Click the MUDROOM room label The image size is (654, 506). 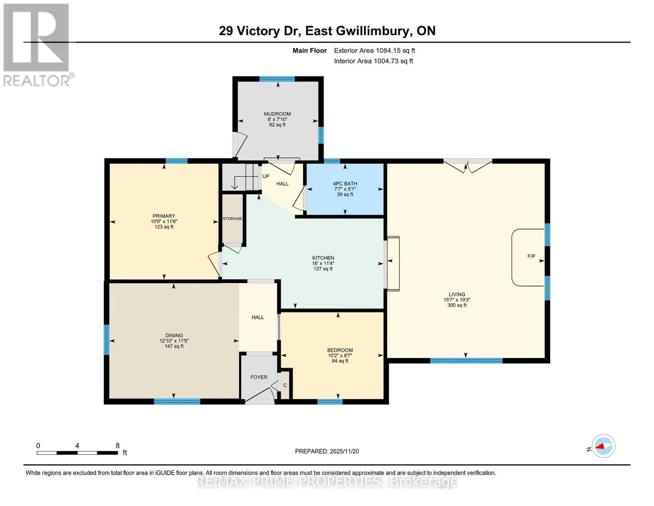tap(277, 114)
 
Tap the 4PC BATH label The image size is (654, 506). tap(345, 183)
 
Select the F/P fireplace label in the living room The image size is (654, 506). tap(531, 256)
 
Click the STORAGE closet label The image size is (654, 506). tap(232, 218)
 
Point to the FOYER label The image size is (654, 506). tap(259, 377)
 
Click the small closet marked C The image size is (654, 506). tap(285, 385)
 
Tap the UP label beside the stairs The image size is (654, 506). tap(266, 176)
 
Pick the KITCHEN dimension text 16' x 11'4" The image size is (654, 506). tap(323, 263)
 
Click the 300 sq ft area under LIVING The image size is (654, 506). tap(457, 305)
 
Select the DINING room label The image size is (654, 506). tap(174, 335)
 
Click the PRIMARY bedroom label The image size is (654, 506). tap(164, 216)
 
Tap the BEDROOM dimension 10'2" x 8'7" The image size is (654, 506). tap(340, 355)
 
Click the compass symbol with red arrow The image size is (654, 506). tap(604, 446)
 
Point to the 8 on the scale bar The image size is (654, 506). tap(117, 445)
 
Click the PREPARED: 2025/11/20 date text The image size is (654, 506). tap(327, 451)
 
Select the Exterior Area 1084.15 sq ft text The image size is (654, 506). tap(374, 51)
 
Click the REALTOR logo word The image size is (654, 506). tap(37, 81)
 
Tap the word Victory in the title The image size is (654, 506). tap(258, 31)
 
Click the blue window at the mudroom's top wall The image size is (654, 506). tap(277, 79)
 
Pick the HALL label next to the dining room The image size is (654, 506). tap(258, 317)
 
